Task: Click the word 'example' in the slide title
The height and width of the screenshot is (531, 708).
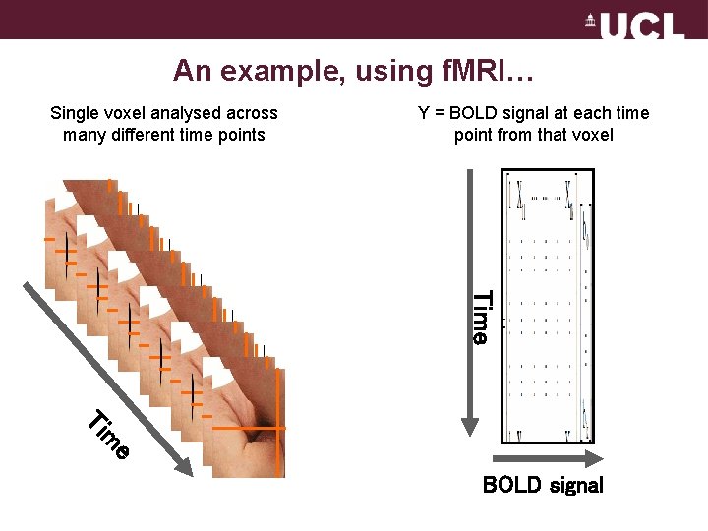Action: click(261, 71)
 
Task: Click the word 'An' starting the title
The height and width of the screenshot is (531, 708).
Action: click(189, 71)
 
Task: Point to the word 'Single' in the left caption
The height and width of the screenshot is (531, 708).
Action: click(75, 113)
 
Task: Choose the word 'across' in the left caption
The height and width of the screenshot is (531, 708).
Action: click(253, 113)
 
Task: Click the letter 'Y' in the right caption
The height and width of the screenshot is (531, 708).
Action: click(424, 113)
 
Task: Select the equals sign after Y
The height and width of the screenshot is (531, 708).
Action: click(439, 113)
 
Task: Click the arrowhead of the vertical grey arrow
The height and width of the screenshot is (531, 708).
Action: click(470, 424)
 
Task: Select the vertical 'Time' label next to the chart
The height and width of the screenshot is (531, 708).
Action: click(480, 317)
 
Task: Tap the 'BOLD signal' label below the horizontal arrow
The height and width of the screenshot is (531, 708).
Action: click(543, 485)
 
